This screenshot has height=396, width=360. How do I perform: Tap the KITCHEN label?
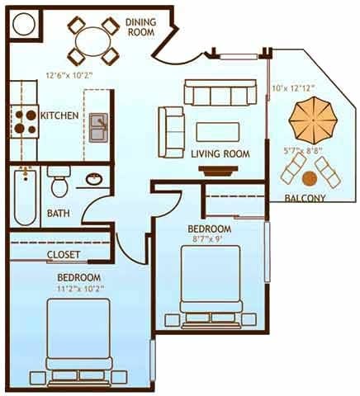point(59,115)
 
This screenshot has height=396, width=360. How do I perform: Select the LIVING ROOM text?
point(220,154)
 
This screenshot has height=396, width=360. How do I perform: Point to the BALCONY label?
point(304,198)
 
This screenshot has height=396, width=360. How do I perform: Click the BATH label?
point(58,214)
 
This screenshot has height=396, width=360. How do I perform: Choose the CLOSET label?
point(63,254)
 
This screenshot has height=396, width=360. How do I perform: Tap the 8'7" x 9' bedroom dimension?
point(209,239)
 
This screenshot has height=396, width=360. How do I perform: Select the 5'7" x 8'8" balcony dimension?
point(302,151)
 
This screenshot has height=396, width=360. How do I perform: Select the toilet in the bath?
point(59,179)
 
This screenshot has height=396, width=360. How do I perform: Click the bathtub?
point(24,196)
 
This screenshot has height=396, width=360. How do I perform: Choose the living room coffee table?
point(217,131)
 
